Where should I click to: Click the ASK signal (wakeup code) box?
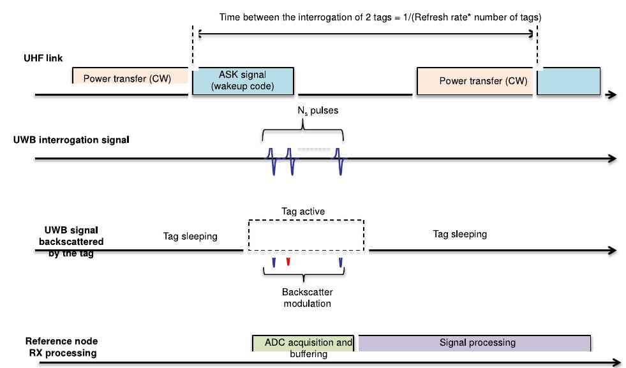click(242, 80)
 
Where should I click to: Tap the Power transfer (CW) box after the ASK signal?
click(474, 81)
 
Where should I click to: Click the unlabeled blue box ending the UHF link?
click(568, 81)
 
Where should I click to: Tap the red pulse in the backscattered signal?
click(288, 261)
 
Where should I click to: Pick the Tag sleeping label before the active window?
click(190, 236)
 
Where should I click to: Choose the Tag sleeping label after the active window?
click(459, 234)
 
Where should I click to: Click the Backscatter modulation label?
click(307, 298)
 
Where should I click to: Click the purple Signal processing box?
click(474, 342)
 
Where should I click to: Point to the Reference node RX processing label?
click(61, 347)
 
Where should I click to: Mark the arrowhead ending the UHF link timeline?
click(612, 95)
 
